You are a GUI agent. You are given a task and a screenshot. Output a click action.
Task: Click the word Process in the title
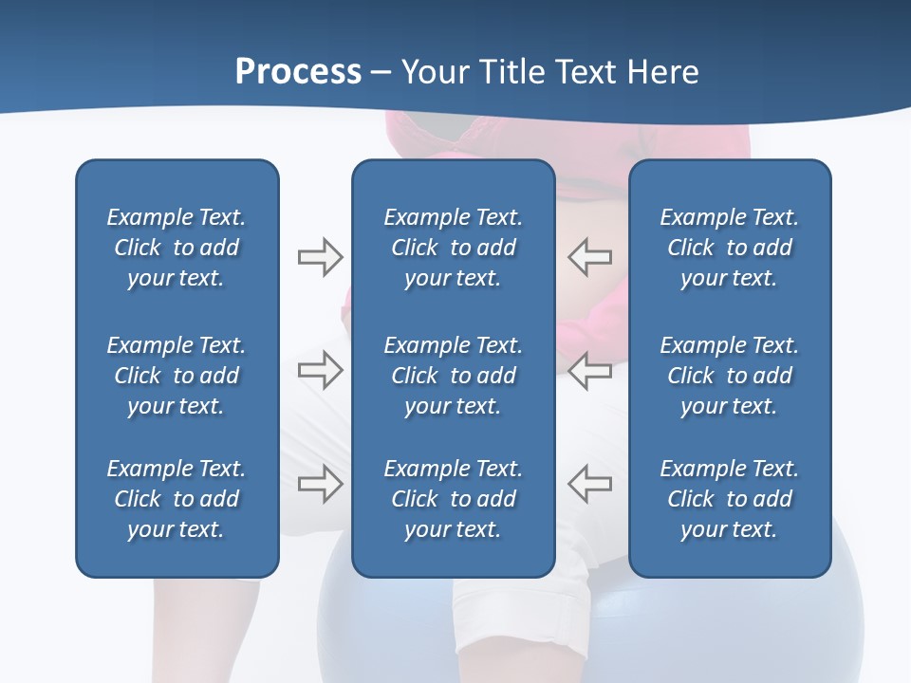pyautogui.click(x=298, y=72)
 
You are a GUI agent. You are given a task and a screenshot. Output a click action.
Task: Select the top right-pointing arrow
pyautogui.click(x=320, y=257)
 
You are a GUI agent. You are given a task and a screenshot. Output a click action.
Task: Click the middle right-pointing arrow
pyautogui.click(x=320, y=370)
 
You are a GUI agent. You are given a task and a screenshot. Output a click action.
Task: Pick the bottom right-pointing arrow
pyautogui.click(x=320, y=483)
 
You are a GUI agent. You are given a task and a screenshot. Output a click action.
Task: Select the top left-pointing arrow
pyautogui.click(x=590, y=256)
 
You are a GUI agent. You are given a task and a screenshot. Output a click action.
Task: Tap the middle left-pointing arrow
pyautogui.click(x=590, y=370)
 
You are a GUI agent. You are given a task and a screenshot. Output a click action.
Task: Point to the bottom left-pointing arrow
pyautogui.click(x=590, y=483)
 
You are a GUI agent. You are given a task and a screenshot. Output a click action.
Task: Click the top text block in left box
pyautogui.click(x=177, y=248)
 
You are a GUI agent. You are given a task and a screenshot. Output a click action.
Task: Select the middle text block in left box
pyautogui.click(x=177, y=376)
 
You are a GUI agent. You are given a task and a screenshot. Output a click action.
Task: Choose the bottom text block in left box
pyautogui.click(x=177, y=499)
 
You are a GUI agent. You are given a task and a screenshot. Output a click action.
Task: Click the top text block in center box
pyautogui.click(x=453, y=248)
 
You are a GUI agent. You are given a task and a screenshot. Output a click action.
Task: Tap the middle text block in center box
pyautogui.click(x=453, y=376)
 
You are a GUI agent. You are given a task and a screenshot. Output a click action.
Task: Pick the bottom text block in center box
pyautogui.click(x=453, y=499)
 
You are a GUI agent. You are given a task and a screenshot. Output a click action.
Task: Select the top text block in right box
pyautogui.click(x=729, y=248)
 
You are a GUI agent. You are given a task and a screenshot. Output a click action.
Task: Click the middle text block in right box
pyautogui.click(x=729, y=376)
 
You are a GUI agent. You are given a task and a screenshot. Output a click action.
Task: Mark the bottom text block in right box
pyautogui.click(x=729, y=499)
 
